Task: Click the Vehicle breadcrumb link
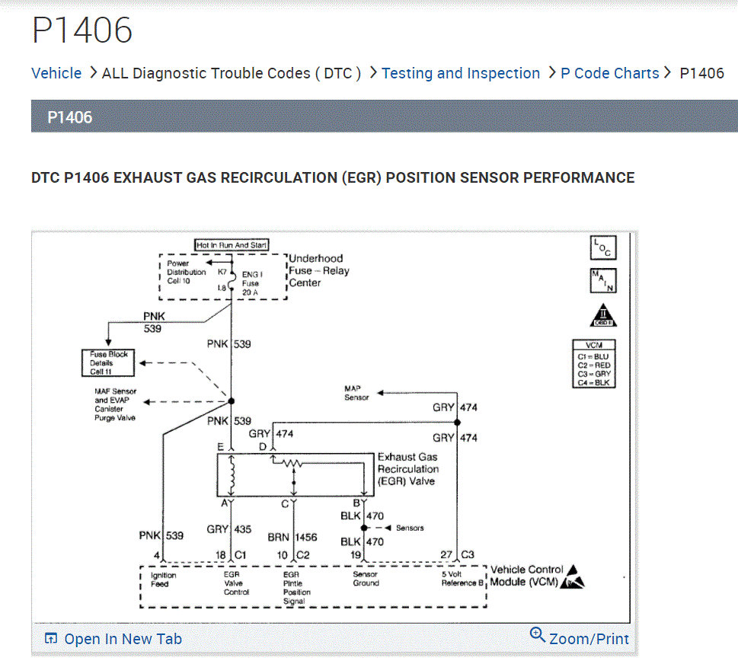pyautogui.click(x=56, y=73)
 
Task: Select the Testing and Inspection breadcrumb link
pyautogui.click(x=460, y=73)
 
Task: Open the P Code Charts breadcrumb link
pyautogui.click(x=609, y=73)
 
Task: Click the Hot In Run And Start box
pyautogui.click(x=232, y=245)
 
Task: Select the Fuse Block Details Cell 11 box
pyautogui.click(x=108, y=362)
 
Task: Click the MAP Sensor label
pyautogui.click(x=356, y=393)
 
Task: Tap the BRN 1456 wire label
pyautogui.click(x=292, y=537)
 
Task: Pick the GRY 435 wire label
pyautogui.click(x=228, y=529)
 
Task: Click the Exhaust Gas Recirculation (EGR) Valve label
pyautogui.click(x=408, y=469)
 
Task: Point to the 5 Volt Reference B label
pyautogui.click(x=462, y=579)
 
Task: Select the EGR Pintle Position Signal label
pyautogui.click(x=294, y=588)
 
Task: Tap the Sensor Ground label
pyautogui.click(x=366, y=579)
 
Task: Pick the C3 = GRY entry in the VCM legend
pyautogui.click(x=593, y=374)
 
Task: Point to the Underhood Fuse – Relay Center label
pyautogui.click(x=318, y=270)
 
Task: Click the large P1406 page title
pyautogui.click(x=82, y=30)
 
